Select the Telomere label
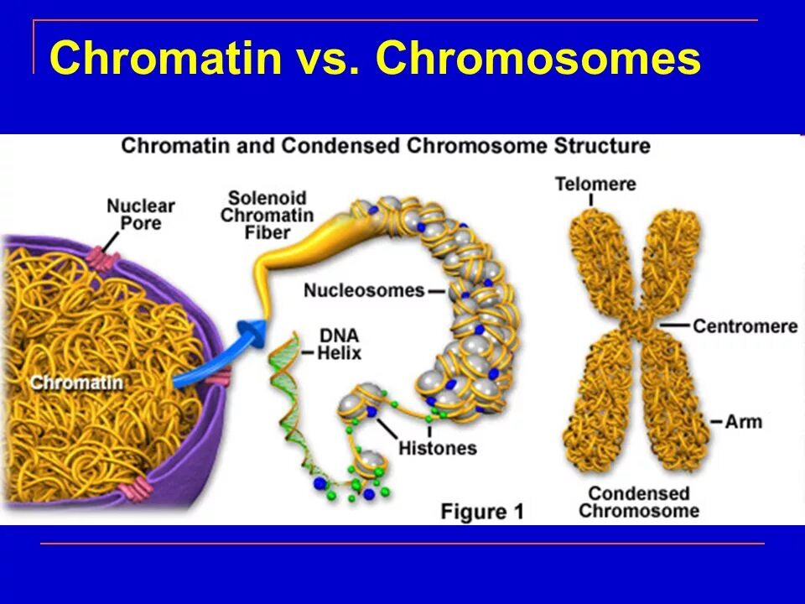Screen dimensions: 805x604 pyautogui.click(x=595, y=183)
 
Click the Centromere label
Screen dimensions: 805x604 pyautogui.click(x=745, y=325)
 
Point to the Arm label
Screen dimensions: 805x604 pyautogui.click(x=744, y=420)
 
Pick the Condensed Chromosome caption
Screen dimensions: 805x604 pyautogui.click(x=639, y=502)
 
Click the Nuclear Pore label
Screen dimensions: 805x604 pyautogui.click(x=141, y=214)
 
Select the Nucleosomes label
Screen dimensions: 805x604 pyautogui.click(x=364, y=290)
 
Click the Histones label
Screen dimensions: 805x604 pyautogui.click(x=437, y=448)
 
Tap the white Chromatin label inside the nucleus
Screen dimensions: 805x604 pyautogui.click(x=76, y=383)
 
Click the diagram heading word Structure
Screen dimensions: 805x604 pyautogui.click(x=602, y=146)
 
